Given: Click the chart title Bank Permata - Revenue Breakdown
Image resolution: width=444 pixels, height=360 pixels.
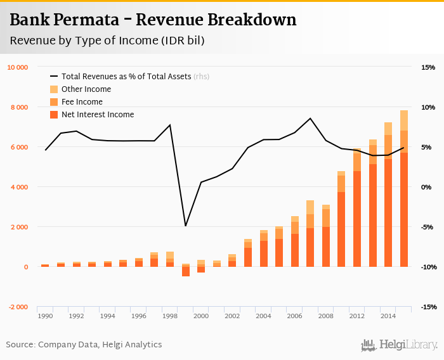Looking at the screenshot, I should pyautogui.click(x=153, y=20).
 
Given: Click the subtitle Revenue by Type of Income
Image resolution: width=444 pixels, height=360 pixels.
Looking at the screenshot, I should pyautogui.click(x=107, y=41).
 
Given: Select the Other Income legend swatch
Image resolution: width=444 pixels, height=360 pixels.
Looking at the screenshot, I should pyautogui.click(x=54, y=89).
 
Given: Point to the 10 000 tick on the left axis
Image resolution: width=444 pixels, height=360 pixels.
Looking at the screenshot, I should pyautogui.click(x=17, y=67).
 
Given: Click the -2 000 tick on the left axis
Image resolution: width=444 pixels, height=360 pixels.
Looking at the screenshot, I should pyautogui.click(x=17, y=307).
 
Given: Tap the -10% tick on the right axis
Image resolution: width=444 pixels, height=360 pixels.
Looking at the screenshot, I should pyautogui.click(x=427, y=267).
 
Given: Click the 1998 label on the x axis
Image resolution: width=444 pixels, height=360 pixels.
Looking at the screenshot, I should pyautogui.click(x=169, y=315).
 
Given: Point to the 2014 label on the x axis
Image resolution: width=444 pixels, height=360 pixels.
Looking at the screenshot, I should pyautogui.click(x=388, y=315).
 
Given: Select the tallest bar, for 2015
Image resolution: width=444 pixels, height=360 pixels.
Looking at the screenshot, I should pyautogui.click(x=403, y=190).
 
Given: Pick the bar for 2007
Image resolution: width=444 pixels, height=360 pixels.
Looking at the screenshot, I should pyautogui.click(x=310, y=235).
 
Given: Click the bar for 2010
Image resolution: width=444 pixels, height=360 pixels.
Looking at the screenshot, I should pyautogui.click(x=341, y=219).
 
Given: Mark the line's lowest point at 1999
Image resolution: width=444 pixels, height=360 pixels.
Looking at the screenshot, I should pyautogui.click(x=185, y=226).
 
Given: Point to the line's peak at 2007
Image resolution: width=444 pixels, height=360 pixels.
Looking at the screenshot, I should pyautogui.click(x=310, y=119).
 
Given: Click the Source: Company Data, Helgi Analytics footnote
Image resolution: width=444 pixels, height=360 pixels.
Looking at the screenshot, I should pyautogui.click(x=84, y=345).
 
